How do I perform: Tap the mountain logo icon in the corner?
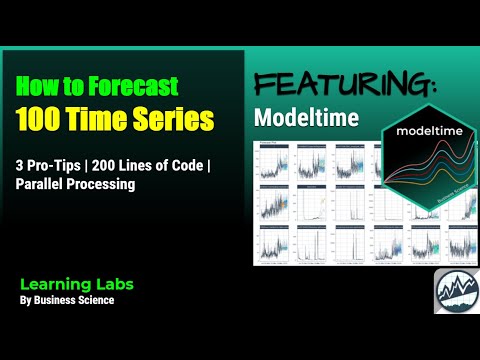click(x=455, y=293)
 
